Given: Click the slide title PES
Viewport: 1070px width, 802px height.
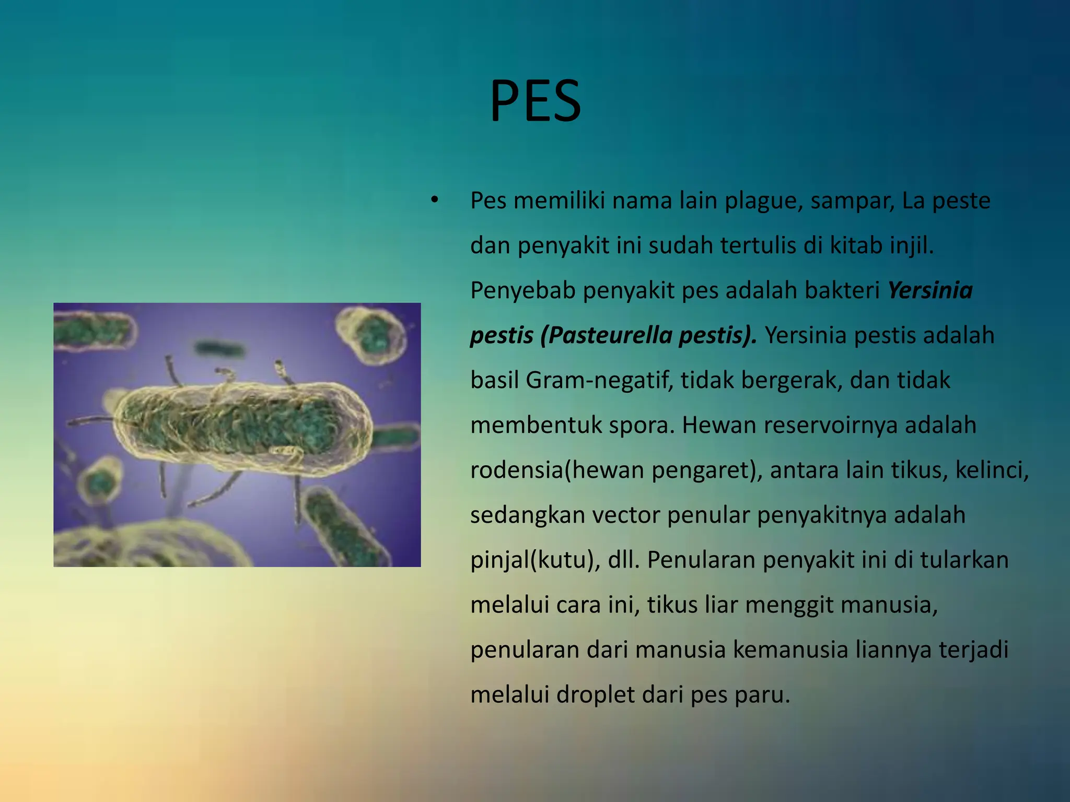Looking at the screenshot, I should pos(535,101).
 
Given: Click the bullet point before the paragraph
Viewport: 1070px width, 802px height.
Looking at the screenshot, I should pos(434,200).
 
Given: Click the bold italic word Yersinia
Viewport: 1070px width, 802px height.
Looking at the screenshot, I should pos(930,290).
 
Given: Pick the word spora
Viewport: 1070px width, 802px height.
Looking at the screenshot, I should pos(638,425).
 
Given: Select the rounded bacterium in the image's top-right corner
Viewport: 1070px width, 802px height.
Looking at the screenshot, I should pos(371,334).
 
